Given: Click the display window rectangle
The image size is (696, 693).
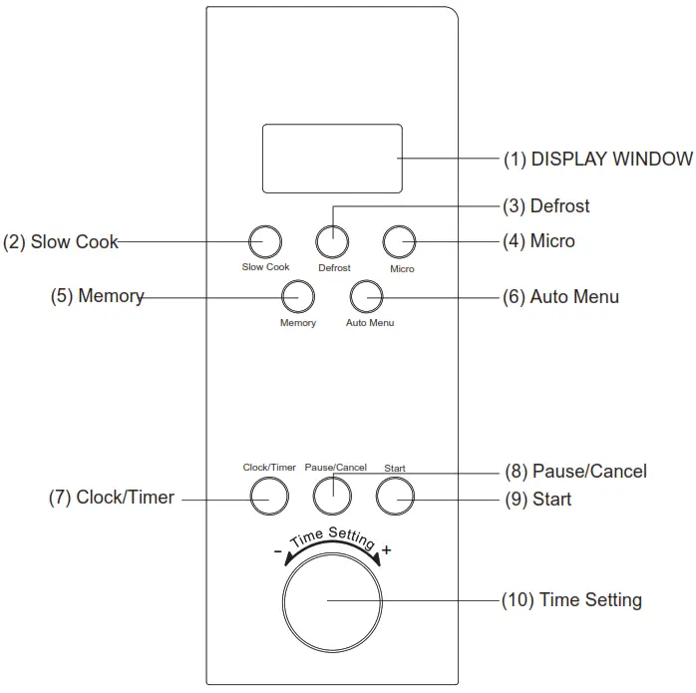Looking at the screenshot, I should tap(332, 159).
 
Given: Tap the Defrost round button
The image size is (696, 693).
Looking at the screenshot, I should tap(333, 241).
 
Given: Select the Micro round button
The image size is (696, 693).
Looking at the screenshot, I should tap(401, 241).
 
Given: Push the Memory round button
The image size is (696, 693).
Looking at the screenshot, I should tap(297, 296).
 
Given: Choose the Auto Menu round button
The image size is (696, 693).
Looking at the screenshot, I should tap(367, 296).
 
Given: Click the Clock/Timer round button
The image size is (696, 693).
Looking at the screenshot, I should tap(268, 495).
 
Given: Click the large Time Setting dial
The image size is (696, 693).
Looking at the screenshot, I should tap(332, 600).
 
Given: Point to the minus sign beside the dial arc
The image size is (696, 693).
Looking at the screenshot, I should tap(277, 551).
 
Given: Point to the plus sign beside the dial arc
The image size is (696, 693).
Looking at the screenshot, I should tap(387, 550).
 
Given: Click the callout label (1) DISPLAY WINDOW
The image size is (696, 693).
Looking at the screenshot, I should tap(597, 159).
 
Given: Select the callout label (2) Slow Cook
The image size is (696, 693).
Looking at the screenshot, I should tap(61, 241).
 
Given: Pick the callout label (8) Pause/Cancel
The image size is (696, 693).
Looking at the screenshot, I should tap(574, 471).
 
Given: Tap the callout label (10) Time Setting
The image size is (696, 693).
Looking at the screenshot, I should tap(571, 600).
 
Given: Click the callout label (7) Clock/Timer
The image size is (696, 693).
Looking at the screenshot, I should tap(112, 497).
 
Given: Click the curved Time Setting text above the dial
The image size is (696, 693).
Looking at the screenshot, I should tap(332, 537).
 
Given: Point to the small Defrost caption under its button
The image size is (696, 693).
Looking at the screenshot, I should tap(334, 268).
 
